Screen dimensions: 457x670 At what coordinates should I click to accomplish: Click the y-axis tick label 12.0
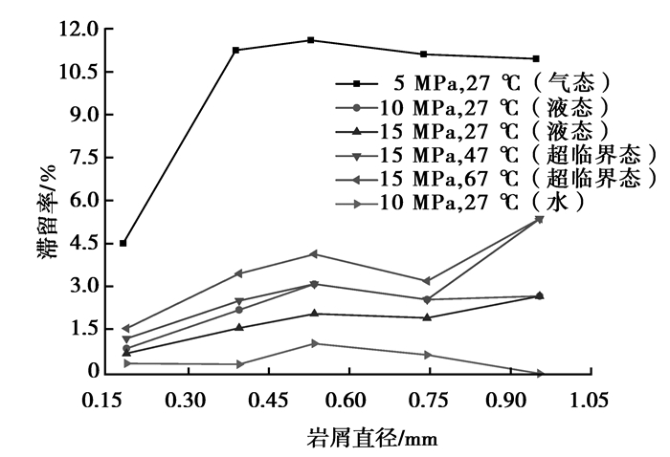point(78,30)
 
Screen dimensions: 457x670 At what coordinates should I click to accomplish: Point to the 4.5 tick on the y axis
point(83,244)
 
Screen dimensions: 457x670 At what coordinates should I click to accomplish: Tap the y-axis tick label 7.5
point(83,158)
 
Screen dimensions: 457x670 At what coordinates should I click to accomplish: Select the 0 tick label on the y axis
point(93,372)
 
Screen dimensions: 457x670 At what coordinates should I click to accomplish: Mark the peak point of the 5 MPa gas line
point(311,40)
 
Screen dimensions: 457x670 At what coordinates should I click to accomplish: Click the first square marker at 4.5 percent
point(123,244)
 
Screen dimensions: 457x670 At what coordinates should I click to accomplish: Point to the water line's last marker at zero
point(540,373)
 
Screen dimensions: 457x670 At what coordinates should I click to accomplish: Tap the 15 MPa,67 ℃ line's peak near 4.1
point(312,253)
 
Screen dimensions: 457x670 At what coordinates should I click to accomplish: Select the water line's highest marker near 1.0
point(314,343)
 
